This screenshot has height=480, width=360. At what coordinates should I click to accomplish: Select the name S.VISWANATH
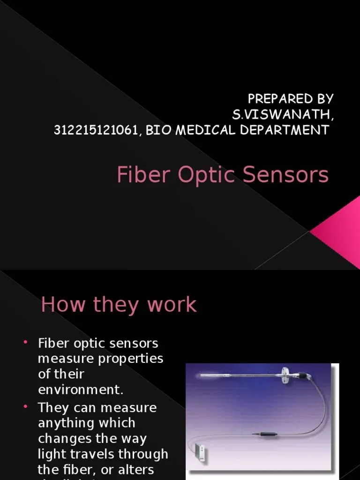coord(282,114)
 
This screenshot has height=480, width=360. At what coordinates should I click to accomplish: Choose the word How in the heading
coord(64,305)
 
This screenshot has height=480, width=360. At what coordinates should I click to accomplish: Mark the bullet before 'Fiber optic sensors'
coord(26,343)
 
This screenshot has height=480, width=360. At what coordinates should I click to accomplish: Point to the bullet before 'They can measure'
coord(26,407)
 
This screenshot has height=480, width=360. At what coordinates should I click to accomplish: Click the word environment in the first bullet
coord(77,390)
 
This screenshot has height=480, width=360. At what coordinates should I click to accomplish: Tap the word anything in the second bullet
coord(66,423)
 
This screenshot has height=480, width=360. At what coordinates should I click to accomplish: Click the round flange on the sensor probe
coord(285,374)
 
